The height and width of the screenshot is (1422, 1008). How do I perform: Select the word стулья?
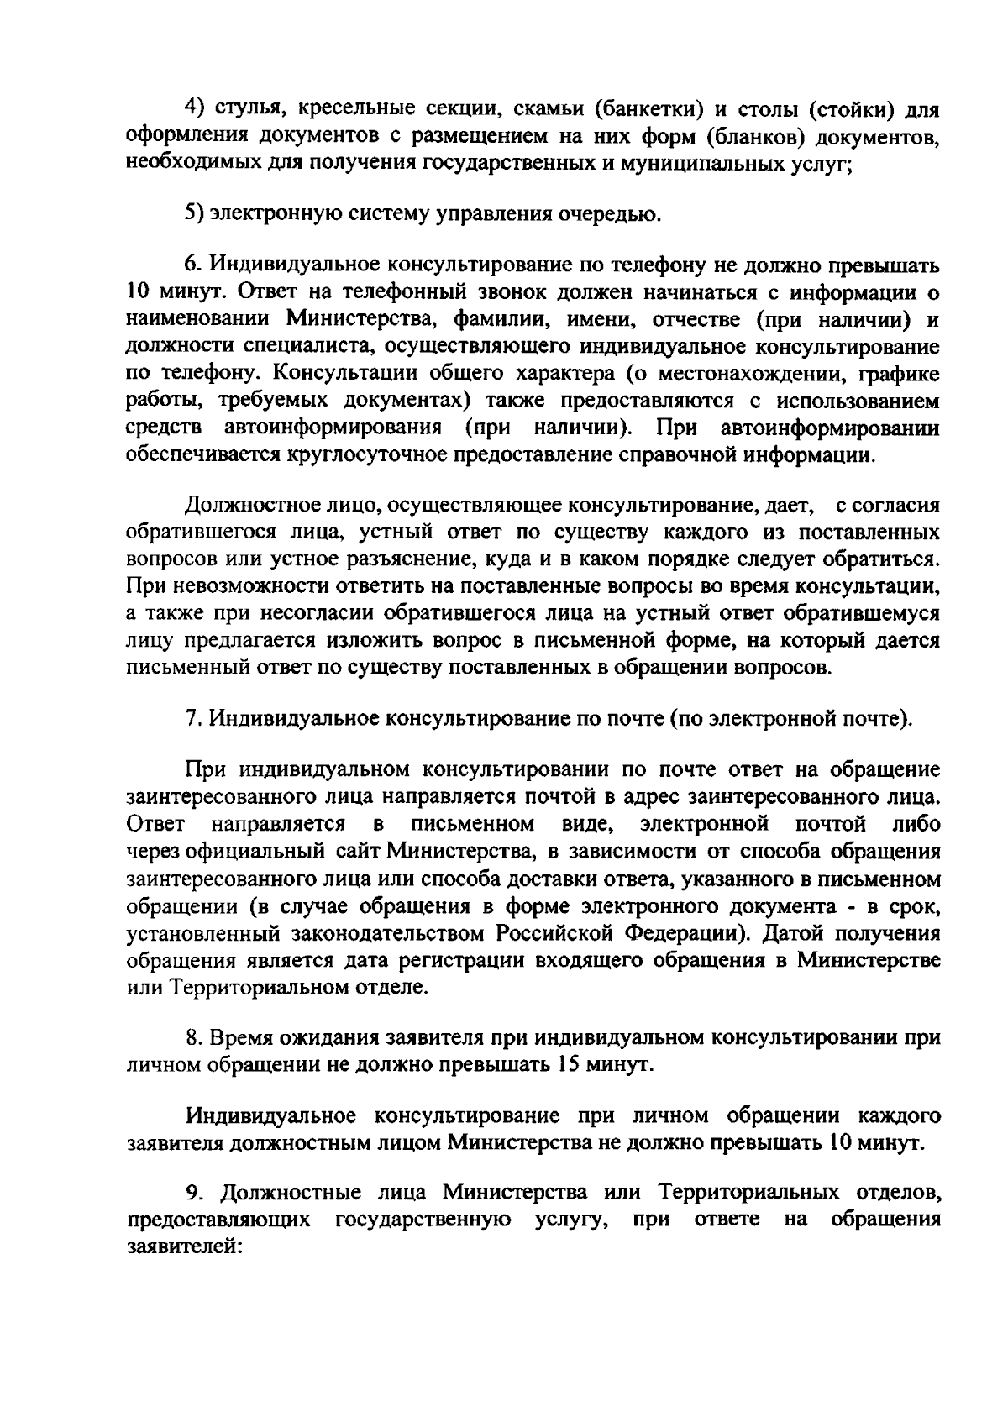tap(248, 110)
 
